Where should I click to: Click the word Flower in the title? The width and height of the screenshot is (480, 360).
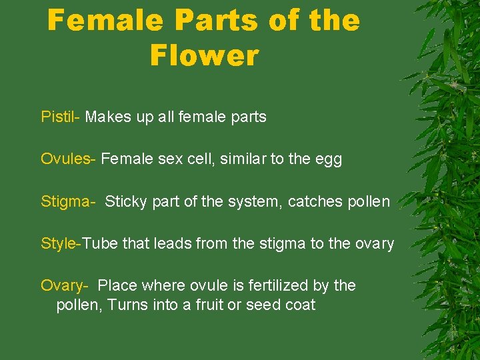coord(204,55)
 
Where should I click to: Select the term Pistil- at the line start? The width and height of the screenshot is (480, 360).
coord(61,117)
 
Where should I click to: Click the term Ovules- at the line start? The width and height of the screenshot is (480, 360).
coord(69,159)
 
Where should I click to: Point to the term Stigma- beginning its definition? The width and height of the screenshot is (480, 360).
coord(68,201)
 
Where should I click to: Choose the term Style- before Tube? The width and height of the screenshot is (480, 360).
coord(61,244)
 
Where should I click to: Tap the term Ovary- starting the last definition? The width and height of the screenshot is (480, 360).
coord(65,286)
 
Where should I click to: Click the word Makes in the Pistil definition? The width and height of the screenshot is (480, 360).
coord(105,117)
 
